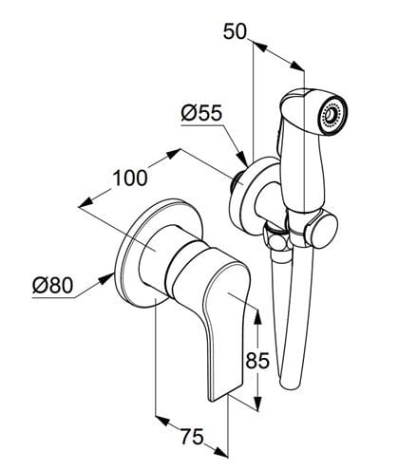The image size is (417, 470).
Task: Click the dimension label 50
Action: (235, 31)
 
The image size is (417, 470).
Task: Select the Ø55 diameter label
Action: (201, 113)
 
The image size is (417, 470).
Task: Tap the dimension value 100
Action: (130, 178)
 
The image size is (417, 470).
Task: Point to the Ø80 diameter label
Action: (53, 286)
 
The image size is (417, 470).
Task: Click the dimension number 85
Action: (257, 360)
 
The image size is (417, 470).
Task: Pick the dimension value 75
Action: (192, 437)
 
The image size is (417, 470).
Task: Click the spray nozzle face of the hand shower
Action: (332, 115)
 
